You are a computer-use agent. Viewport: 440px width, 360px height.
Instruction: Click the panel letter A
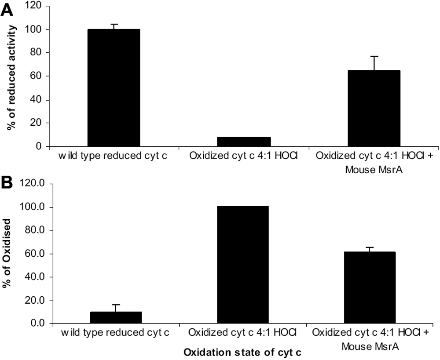click(8, 10)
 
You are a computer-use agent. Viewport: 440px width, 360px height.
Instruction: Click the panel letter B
click(7, 182)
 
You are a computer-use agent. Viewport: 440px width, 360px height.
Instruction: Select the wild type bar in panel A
click(114, 88)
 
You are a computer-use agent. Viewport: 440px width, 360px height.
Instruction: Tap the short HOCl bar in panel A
click(244, 142)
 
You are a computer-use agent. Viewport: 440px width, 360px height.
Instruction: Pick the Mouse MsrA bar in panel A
click(374, 108)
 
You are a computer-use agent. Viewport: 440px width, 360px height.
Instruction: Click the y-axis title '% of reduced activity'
click(12, 77)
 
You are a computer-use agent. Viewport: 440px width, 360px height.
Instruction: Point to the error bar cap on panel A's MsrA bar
click(374, 56)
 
